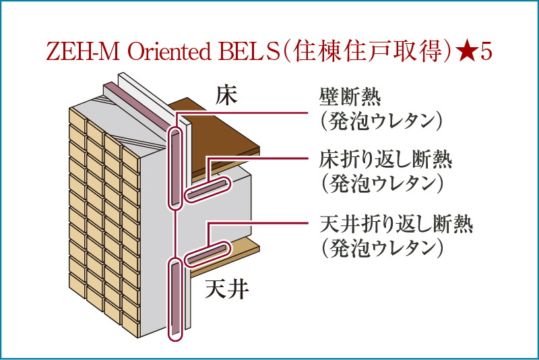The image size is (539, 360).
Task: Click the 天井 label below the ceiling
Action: [x=227, y=290]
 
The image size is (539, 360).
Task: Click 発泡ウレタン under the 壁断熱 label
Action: [x=381, y=121]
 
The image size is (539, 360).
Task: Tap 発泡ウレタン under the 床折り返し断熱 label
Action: [x=381, y=183]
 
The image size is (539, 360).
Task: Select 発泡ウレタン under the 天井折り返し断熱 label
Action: [x=381, y=247]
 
